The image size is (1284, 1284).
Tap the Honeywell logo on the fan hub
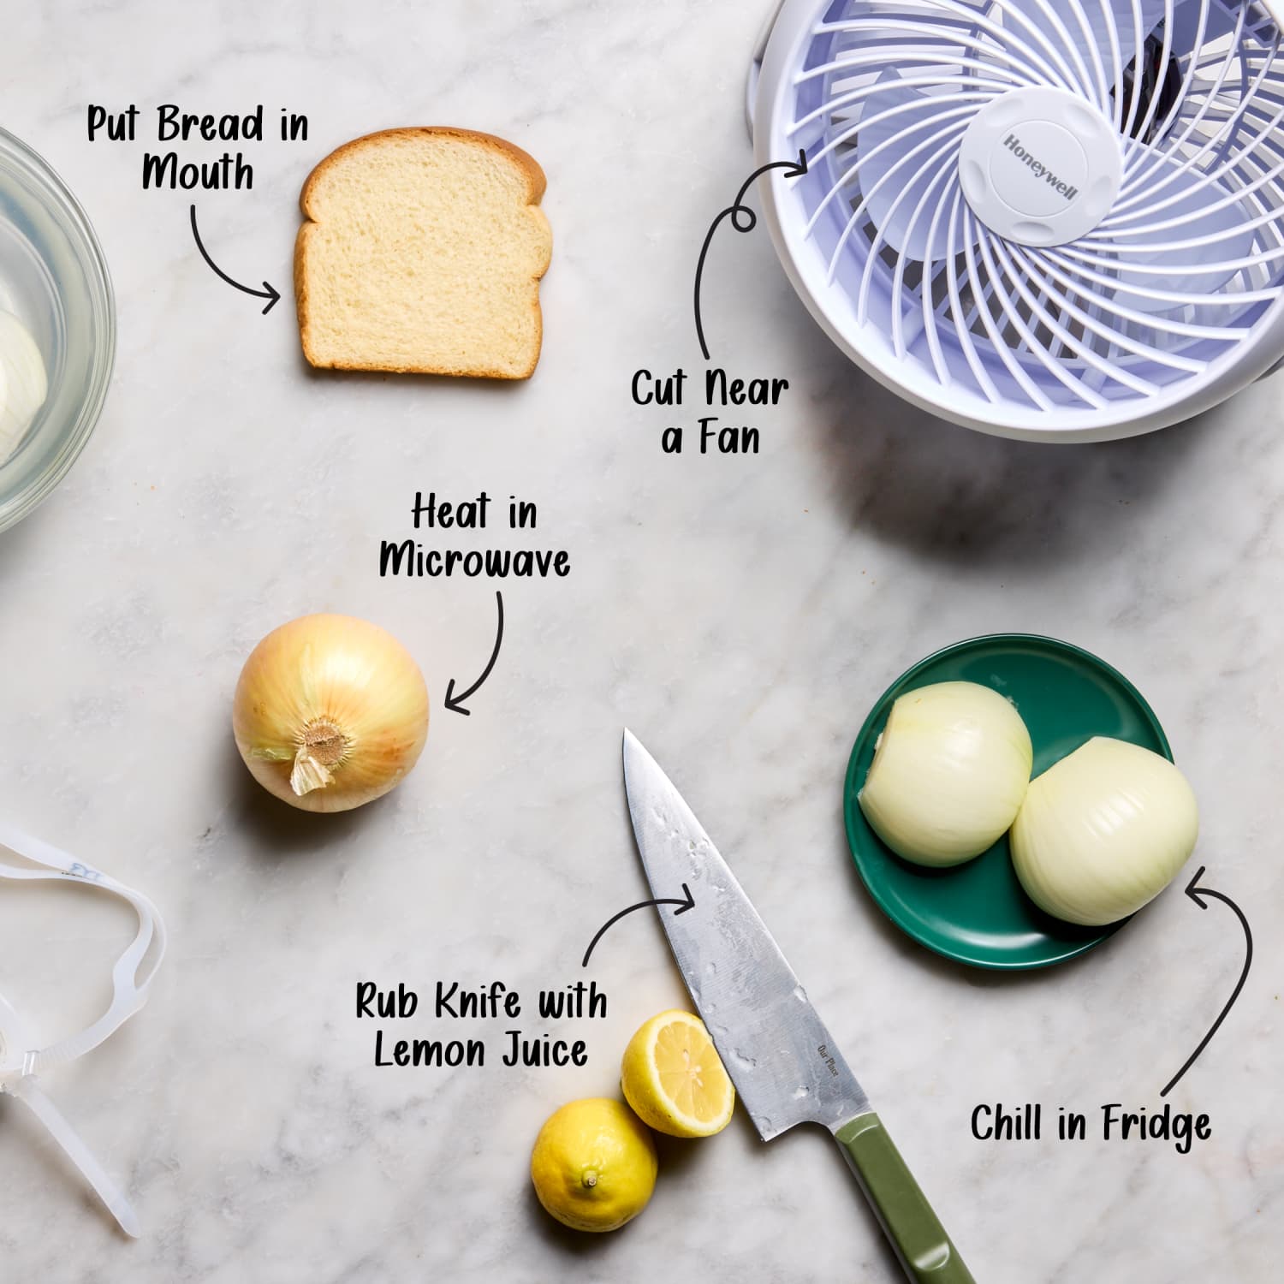pyautogui.click(x=1038, y=166)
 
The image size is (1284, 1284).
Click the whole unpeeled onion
pyautogui.click(x=330, y=712)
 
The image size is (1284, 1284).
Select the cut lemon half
pyautogui.click(x=677, y=1073)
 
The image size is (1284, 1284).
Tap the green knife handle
pyautogui.click(x=903, y=1198)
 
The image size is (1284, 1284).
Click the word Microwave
pyautogui.click(x=474, y=562)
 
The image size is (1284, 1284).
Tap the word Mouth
pyautogui.click(x=198, y=173)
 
